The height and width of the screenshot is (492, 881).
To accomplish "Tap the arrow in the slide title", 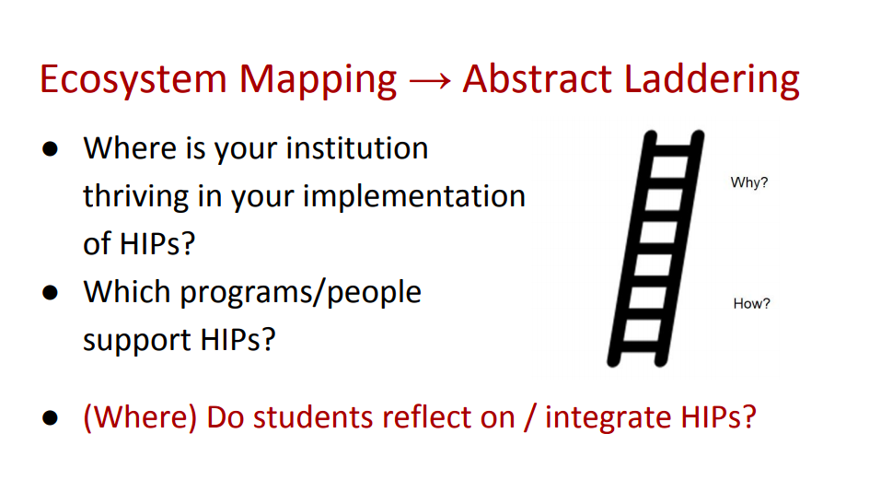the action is (x=430, y=80).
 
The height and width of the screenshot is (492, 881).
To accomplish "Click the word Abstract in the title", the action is (x=537, y=78).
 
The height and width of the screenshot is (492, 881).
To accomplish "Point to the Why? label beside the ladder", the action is (x=749, y=182).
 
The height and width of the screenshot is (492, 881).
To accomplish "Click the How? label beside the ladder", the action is (x=751, y=304).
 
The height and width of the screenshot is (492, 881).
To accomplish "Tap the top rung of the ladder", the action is (x=673, y=150).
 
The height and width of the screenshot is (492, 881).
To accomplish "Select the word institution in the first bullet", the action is (x=357, y=148).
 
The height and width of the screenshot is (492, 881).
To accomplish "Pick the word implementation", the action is (x=414, y=197).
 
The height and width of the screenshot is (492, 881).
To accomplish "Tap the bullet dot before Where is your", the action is (x=50, y=149).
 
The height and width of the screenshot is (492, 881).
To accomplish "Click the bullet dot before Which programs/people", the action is (x=50, y=292).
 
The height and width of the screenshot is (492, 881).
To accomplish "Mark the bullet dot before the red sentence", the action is (x=50, y=417).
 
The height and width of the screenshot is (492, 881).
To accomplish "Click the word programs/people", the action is (x=301, y=293).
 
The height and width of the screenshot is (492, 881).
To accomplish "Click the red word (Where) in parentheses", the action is (x=140, y=417).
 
